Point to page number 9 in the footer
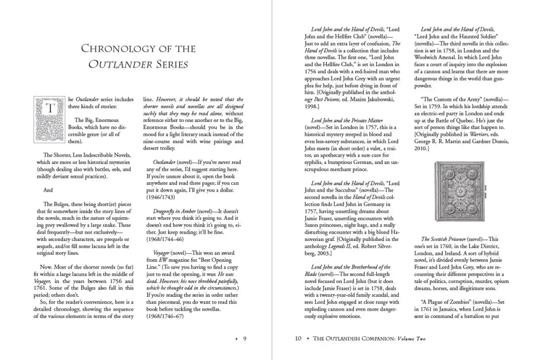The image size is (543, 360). coord(244,339)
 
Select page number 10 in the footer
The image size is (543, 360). coord(298,339)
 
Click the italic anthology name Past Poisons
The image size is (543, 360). coord(326,99)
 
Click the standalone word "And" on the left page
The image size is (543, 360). coord(48,190)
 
